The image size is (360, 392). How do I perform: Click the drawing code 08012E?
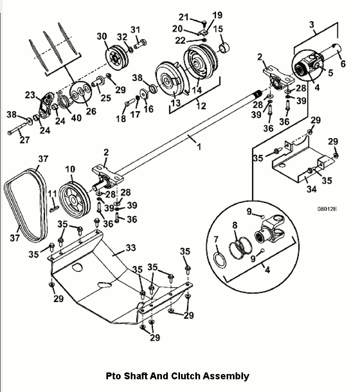pos(327,209)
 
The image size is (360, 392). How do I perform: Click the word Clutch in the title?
pos(185,376)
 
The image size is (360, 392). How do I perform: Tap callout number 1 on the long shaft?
pos(199,147)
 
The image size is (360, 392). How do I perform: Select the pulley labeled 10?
pos(74,200)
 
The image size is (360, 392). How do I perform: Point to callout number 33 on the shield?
pos(131,248)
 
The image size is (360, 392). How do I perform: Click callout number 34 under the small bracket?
pos(311,189)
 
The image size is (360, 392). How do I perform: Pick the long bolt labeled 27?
pos(17,129)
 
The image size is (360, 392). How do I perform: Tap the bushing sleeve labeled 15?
pos(224,47)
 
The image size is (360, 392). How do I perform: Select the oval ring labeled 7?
pos(219,260)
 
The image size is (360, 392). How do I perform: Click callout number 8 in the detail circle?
pos(235,225)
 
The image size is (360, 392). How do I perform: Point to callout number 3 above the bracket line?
pos(311,24)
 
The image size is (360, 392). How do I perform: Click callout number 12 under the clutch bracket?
pos(201,106)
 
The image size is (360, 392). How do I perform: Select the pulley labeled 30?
pos(116,58)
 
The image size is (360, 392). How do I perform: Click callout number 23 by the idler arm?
pos(30,95)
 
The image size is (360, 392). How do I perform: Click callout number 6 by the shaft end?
pos(343,63)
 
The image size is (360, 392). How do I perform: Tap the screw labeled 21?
pos(204,23)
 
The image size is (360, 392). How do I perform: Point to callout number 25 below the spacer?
pos(105,98)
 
